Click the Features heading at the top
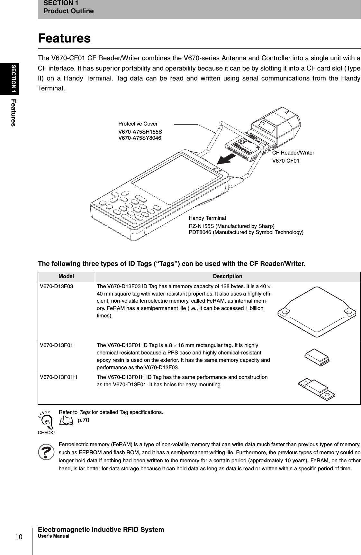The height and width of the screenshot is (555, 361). (64, 38)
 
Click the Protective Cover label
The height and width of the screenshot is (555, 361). (138, 124)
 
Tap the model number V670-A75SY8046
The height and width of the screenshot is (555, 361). (140, 138)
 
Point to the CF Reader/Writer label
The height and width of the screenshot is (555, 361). (293, 153)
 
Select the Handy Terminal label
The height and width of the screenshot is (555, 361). (207, 218)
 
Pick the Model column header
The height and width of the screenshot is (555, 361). (66, 277)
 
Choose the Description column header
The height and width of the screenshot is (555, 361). (228, 277)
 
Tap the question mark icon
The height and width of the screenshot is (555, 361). (46, 452)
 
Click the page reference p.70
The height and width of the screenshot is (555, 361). (83, 420)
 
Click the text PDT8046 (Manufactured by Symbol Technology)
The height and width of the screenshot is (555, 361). (246, 232)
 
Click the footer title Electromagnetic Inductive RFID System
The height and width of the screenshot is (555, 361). (101, 530)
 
